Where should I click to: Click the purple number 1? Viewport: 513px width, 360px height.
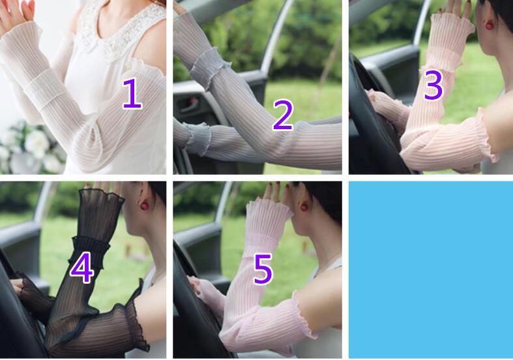pos(132,94)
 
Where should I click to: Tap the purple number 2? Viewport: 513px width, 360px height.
pos(283,115)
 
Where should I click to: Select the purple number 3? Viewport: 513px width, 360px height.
pos(433,84)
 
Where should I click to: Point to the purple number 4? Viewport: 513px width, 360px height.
pos(82,267)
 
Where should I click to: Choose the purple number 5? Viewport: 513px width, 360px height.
pos(263,269)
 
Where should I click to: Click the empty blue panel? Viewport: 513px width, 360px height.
pos(431,269)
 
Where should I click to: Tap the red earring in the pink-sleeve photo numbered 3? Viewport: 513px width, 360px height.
pos(490,25)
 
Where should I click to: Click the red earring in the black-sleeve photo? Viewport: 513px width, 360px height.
pos(145,205)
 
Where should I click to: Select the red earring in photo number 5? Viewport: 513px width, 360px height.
pos(304,207)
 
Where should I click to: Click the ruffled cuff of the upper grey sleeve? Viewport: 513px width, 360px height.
pos(209,67)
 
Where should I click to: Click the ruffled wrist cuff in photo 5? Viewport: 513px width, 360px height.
pos(269,213)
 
